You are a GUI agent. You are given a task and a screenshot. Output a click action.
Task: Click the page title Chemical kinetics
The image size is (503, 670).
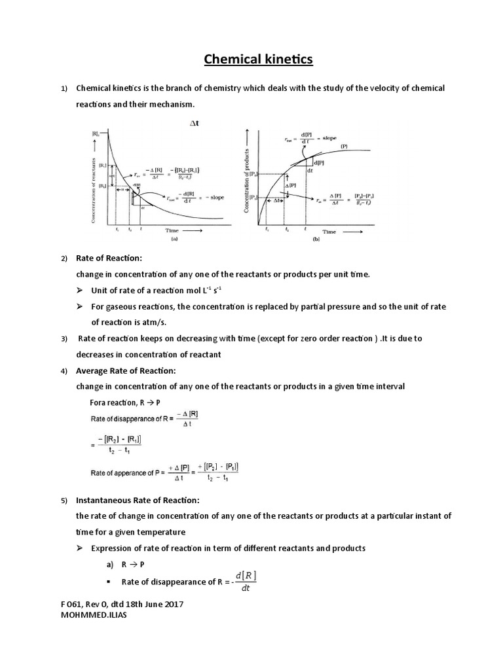click(x=259, y=60)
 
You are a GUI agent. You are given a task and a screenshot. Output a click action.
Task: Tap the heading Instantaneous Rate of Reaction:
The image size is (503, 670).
click(x=138, y=500)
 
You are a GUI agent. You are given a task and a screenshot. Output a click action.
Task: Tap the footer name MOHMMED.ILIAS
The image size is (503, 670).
click(x=90, y=616)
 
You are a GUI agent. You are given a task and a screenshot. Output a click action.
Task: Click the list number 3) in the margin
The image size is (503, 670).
click(x=64, y=339)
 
